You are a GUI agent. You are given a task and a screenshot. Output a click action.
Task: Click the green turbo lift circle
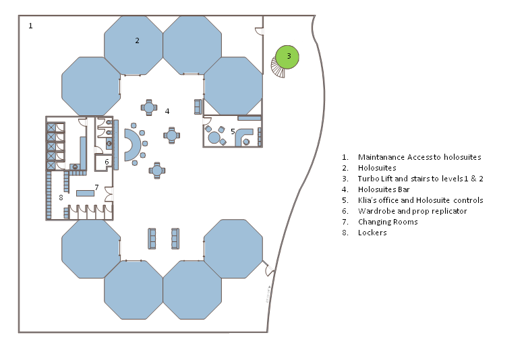pos(289,57)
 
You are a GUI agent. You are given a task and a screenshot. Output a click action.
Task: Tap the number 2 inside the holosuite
pos(137,40)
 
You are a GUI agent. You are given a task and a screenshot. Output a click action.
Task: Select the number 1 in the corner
pos(30,26)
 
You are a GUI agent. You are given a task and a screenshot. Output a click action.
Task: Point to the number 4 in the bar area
pos(167,111)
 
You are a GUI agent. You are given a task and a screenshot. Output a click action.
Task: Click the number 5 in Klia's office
pos(233,131)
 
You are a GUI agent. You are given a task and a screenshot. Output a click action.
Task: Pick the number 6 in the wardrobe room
pos(107,162)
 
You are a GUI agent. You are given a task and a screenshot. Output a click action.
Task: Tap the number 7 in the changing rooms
pos(96,187)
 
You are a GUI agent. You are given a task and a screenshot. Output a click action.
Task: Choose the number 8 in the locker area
pos(61,198)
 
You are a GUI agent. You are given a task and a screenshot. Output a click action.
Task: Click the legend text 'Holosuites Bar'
pos(384,189)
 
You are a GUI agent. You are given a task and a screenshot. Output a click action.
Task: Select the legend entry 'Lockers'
pos(372,233)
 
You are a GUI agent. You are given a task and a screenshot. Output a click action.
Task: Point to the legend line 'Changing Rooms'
pos(388,222)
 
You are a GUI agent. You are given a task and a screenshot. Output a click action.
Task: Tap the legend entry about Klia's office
pos(420,200)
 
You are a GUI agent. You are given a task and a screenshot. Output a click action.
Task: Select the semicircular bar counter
pos(132,146)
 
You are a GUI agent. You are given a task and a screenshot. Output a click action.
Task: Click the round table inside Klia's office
pos(214,138)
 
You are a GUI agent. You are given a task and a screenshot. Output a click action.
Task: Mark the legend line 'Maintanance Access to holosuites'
pos(419,157)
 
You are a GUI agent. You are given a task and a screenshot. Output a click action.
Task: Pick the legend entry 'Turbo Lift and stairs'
pos(420,179)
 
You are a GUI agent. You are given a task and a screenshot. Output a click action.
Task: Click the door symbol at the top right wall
pos(258,31)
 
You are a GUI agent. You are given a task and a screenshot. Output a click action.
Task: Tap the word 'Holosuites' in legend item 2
pos(377,168)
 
